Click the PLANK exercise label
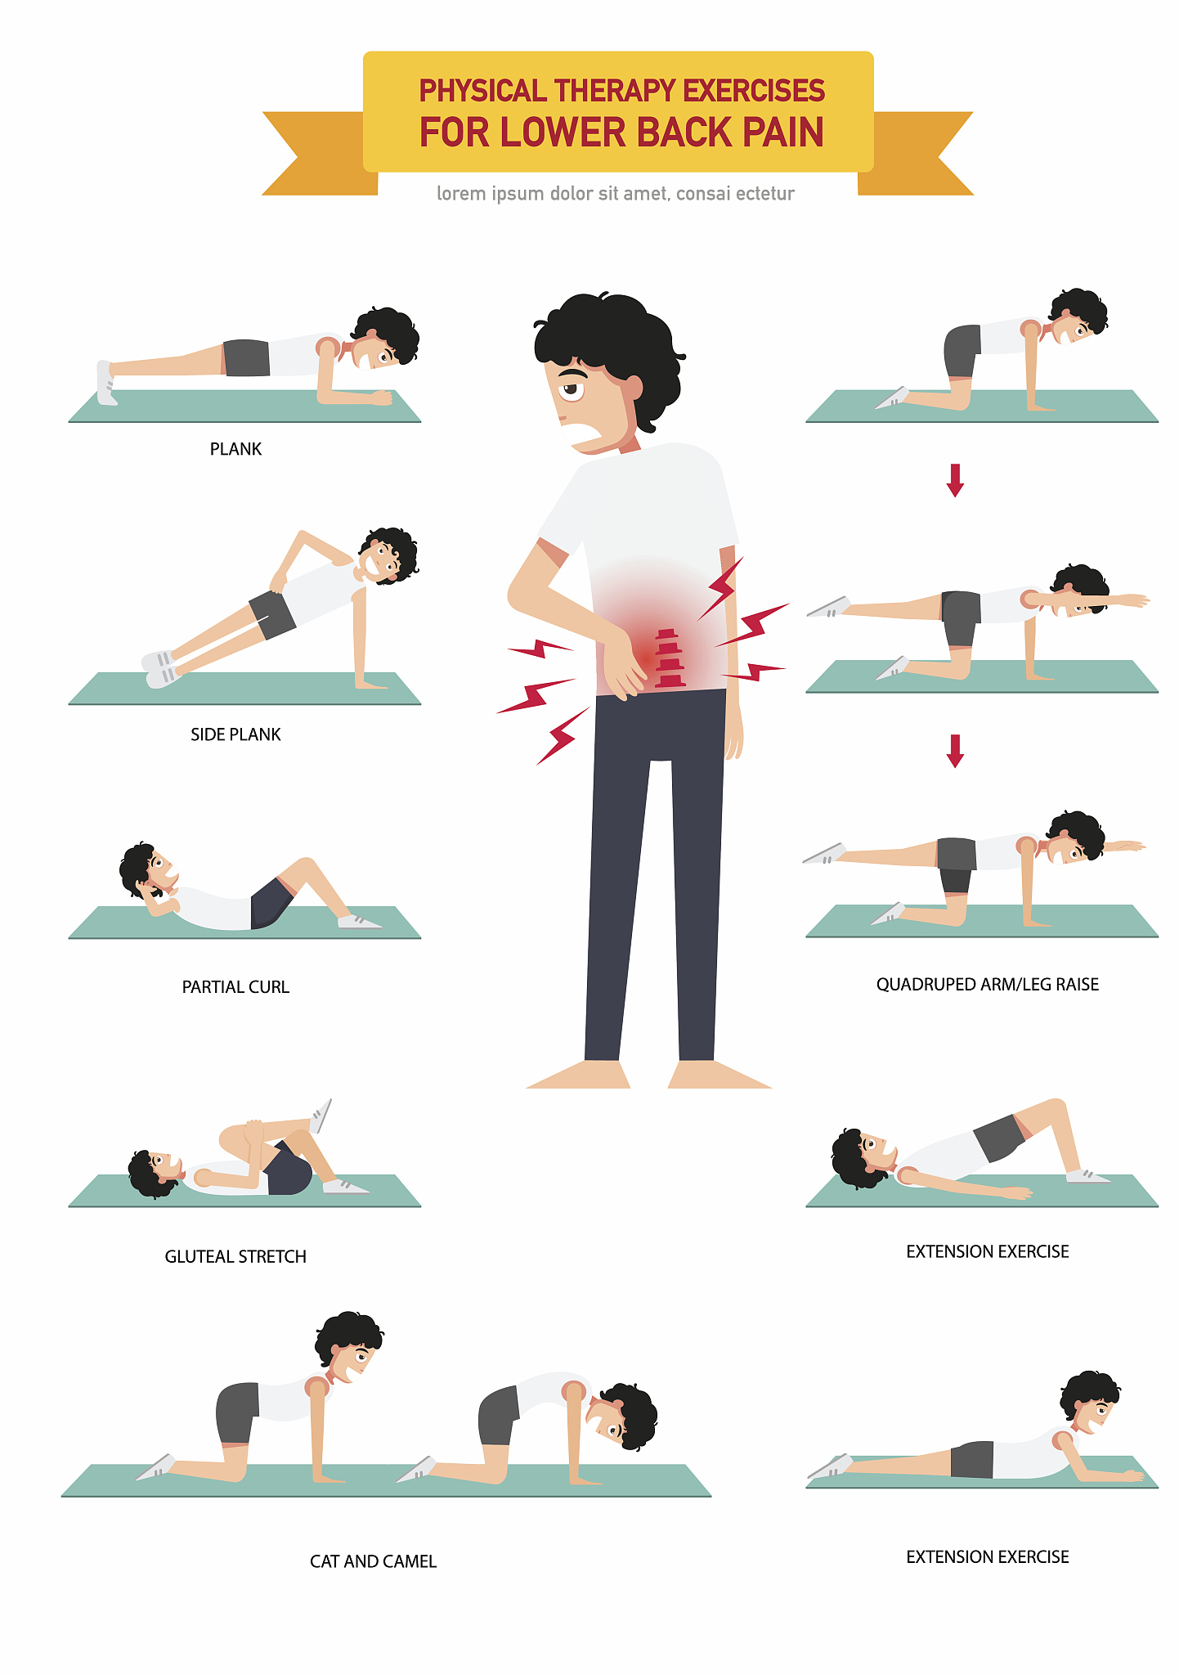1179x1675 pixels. click(x=235, y=449)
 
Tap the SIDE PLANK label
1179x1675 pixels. click(x=235, y=734)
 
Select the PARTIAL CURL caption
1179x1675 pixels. click(x=235, y=987)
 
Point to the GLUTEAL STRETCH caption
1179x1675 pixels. click(x=235, y=1256)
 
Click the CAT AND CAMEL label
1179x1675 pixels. click(x=373, y=1561)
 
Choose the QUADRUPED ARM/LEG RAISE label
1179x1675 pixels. click(x=988, y=984)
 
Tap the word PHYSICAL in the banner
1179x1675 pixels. click(x=482, y=91)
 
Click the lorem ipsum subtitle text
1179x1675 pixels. click(x=616, y=194)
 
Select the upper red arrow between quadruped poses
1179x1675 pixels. click(x=955, y=480)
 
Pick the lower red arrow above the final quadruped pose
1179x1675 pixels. click(x=955, y=751)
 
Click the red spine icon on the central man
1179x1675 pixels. click(x=670, y=658)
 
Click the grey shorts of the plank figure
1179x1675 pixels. click(x=246, y=358)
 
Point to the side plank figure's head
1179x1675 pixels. click(x=388, y=556)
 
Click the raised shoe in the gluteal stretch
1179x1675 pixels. click(x=321, y=1116)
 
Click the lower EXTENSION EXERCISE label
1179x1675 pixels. click(x=988, y=1556)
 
